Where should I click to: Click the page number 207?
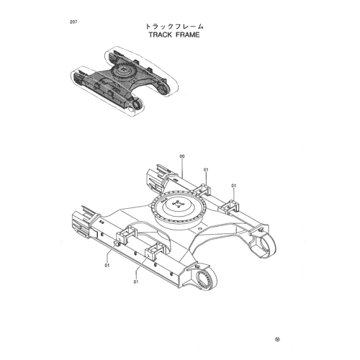click(73, 22)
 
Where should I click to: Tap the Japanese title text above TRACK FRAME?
click(174, 27)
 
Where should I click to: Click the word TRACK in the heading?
click(161, 35)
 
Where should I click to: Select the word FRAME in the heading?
click(188, 35)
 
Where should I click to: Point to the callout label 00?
click(182, 156)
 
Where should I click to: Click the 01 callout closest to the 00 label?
click(206, 170)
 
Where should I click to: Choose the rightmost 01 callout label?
click(234, 186)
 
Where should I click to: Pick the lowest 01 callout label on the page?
click(136, 282)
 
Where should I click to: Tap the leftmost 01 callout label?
click(107, 266)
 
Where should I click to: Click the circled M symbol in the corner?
click(277, 339)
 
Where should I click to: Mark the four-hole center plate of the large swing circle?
click(177, 204)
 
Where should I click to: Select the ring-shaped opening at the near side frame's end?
click(206, 279)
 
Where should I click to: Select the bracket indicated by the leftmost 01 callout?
click(126, 235)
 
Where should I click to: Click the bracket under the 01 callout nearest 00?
click(202, 189)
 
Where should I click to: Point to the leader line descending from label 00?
click(182, 168)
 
